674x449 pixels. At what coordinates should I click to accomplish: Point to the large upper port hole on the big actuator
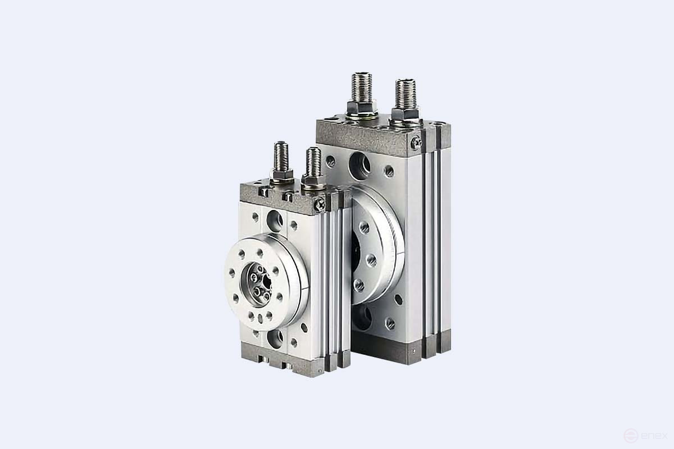click(358, 164)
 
